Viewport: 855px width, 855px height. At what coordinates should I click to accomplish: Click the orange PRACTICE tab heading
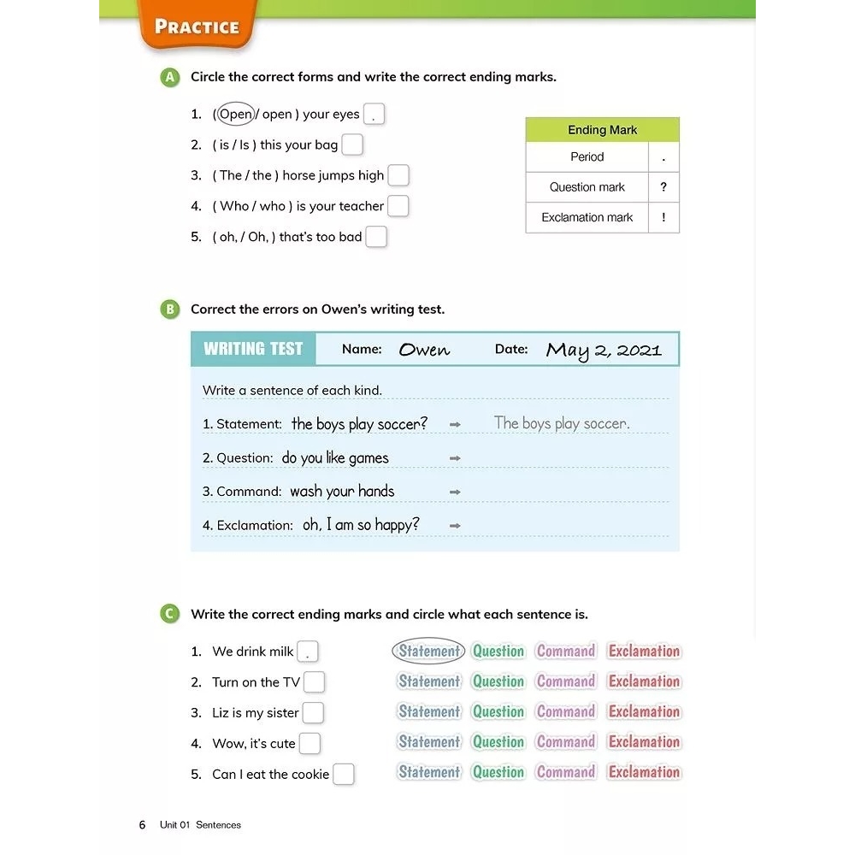pos(197,27)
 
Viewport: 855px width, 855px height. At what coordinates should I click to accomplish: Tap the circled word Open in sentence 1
pos(235,114)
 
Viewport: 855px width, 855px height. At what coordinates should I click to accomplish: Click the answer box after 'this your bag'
pos(352,144)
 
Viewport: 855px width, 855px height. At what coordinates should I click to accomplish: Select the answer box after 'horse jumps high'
pos(398,175)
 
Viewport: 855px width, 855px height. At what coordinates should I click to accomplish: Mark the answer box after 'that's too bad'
pos(376,237)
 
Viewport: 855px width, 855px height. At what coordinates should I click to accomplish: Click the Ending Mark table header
pos(602,130)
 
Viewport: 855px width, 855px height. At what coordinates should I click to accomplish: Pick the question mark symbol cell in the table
pos(663,187)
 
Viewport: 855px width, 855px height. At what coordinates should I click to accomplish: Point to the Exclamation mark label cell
pos(587,217)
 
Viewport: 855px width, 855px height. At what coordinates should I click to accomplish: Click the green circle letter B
pos(170,310)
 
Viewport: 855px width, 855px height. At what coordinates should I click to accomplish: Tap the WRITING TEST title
pos(253,349)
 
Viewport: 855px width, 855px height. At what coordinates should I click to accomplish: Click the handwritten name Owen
pos(424,350)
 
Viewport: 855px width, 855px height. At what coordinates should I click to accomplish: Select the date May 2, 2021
pos(604,350)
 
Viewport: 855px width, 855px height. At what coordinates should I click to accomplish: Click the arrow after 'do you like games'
pos(455,458)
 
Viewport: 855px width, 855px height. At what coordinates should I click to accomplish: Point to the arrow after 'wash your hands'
pos(455,492)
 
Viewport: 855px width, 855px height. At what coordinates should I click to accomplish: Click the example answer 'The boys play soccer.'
pos(562,423)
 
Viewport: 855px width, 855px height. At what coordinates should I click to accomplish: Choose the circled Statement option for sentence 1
pos(428,651)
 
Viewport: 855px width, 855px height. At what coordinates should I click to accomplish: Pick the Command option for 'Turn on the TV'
pos(565,681)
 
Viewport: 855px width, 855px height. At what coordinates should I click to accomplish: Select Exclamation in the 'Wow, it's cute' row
pos(644,742)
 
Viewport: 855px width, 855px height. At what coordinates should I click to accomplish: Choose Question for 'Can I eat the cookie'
pos(498,772)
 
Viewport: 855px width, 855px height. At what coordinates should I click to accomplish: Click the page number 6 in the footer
pos(142,825)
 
